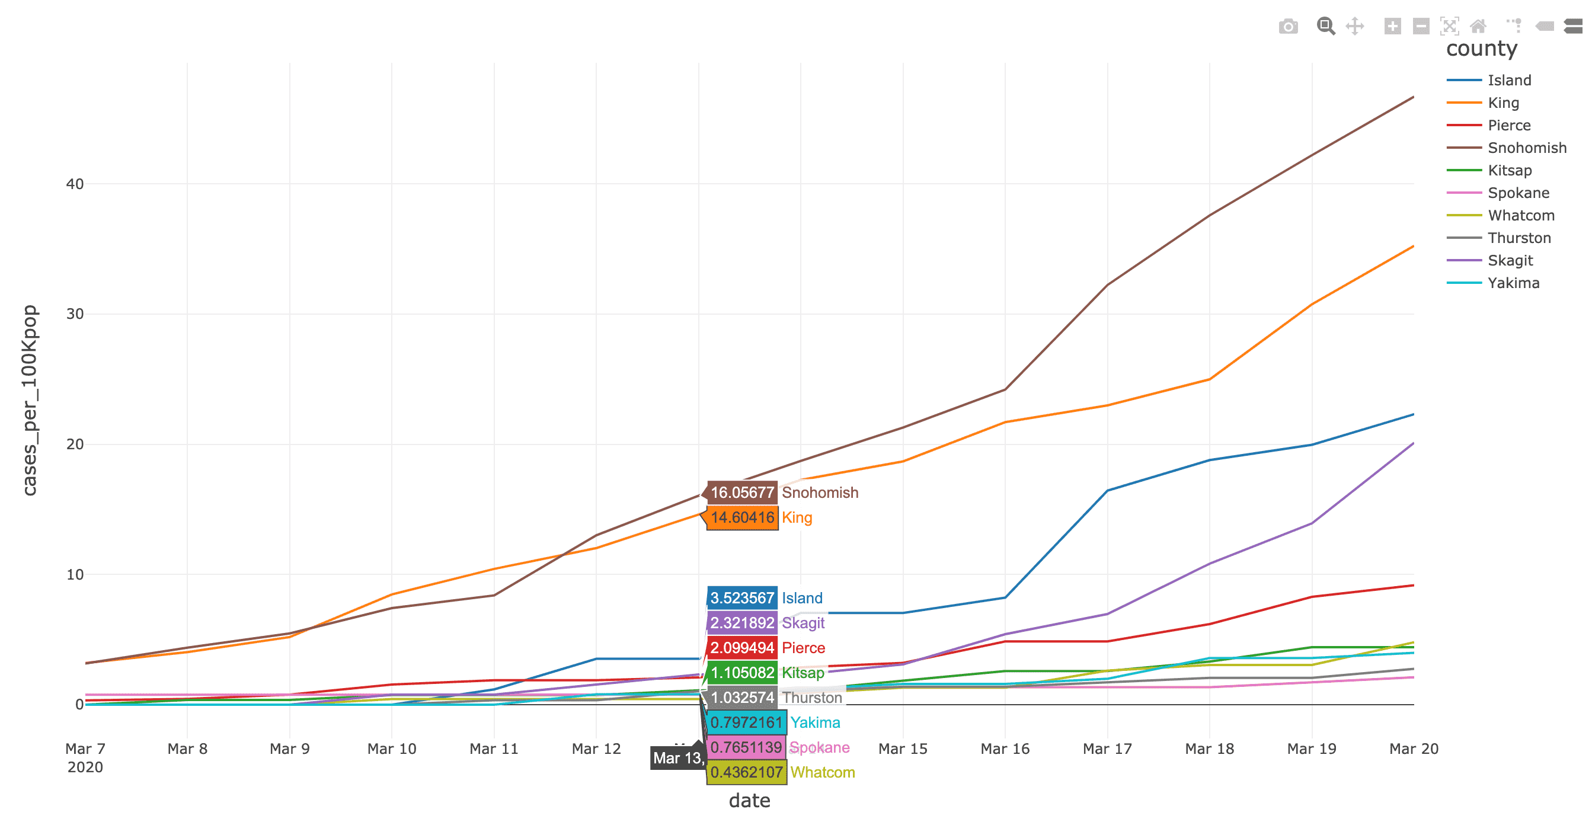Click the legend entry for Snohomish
(x=1526, y=148)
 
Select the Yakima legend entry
(x=1513, y=283)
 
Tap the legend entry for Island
(x=1509, y=81)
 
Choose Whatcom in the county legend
(x=1520, y=216)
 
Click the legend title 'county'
(x=1481, y=49)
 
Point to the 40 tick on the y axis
(x=75, y=184)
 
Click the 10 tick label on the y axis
(x=75, y=575)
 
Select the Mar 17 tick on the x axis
(x=1107, y=749)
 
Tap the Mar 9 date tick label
(x=289, y=749)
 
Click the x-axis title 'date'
(x=749, y=801)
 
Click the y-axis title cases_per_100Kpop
(x=30, y=401)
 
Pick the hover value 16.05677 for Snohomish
(x=741, y=493)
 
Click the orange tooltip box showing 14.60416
(x=741, y=518)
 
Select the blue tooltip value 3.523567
(x=741, y=598)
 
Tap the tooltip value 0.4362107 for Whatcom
(x=746, y=772)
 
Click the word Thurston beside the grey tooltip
(x=811, y=698)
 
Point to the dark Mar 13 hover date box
(x=677, y=758)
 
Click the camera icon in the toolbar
(x=1288, y=27)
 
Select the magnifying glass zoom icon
(x=1325, y=26)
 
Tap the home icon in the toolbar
(x=1478, y=26)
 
